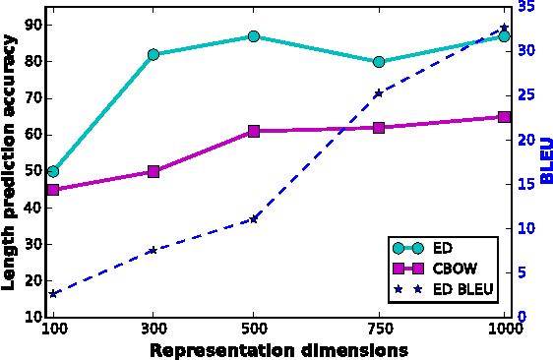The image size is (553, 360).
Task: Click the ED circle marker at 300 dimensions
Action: coord(154,54)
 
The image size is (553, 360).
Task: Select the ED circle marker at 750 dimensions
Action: coord(379,61)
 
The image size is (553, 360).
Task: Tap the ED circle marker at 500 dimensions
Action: coord(254,36)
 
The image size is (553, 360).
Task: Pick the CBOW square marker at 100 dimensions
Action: coord(53,189)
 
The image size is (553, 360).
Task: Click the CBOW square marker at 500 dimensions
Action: coord(254,131)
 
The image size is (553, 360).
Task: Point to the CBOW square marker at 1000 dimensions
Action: coord(505,116)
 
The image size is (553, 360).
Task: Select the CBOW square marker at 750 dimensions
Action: coord(379,128)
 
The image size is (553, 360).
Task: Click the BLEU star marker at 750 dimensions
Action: coord(379,93)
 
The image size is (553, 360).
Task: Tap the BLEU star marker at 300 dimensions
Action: coord(154,250)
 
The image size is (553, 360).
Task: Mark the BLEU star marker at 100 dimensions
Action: coord(53,294)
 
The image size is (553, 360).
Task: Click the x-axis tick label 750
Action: coord(379,330)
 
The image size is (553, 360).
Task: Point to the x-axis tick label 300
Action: coord(154,330)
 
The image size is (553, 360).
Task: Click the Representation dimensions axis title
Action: coord(279,349)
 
